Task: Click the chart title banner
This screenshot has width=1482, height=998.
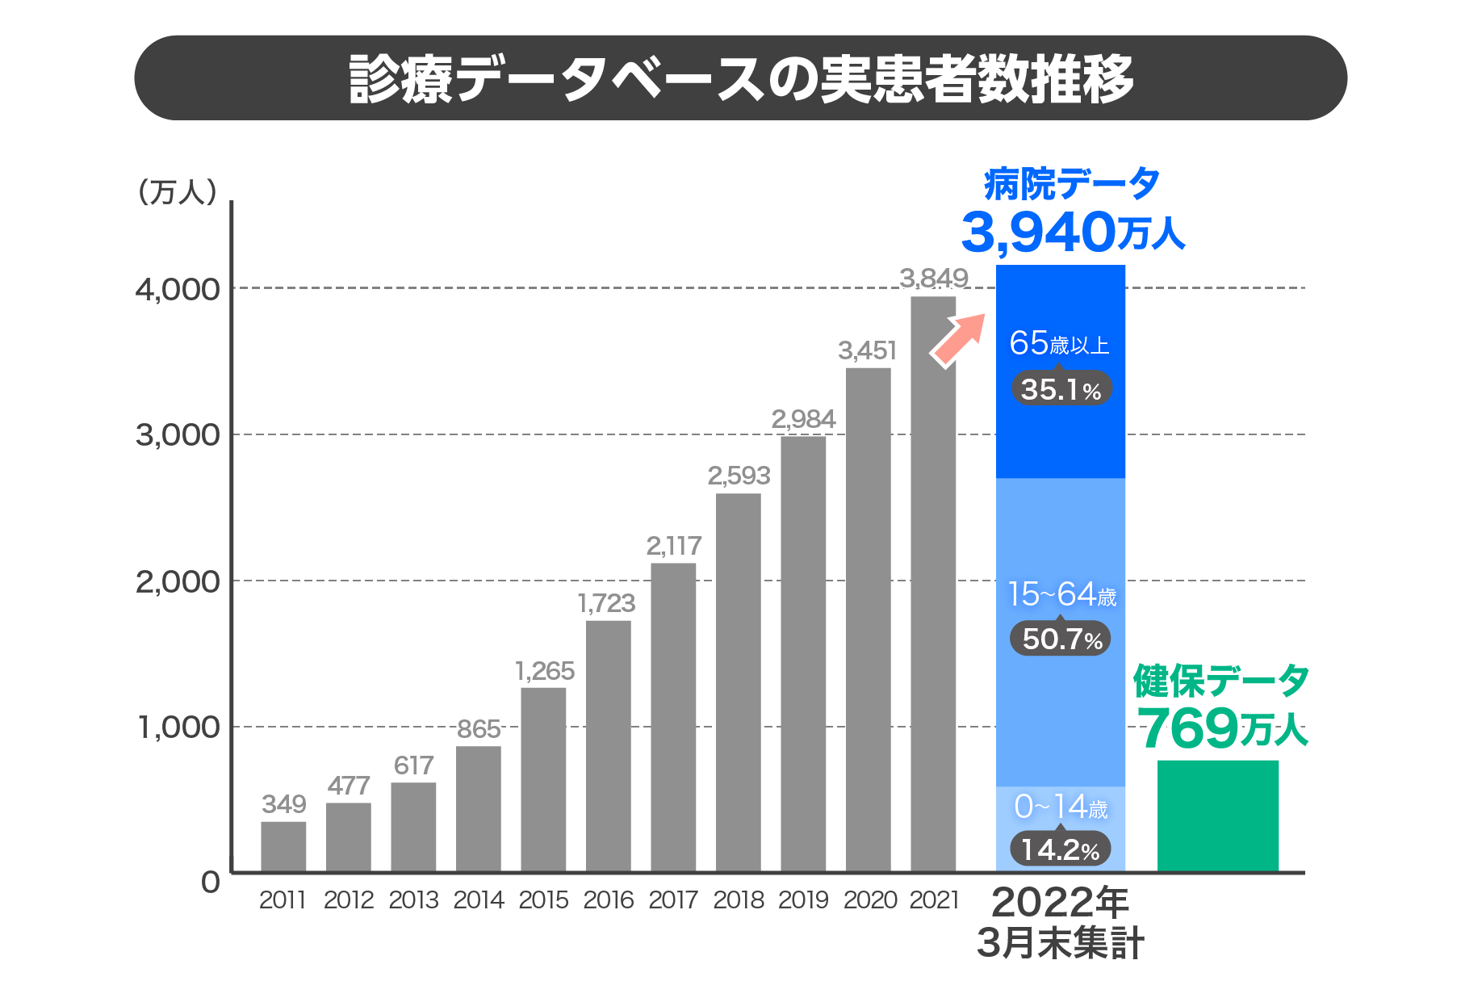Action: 740,78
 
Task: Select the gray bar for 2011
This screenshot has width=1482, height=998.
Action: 283,846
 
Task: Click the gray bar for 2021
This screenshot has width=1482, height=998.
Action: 933,583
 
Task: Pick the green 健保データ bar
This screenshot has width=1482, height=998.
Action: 1217,816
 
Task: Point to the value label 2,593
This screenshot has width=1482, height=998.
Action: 739,476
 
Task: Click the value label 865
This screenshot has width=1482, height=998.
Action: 479,729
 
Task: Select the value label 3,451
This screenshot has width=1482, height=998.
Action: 868,350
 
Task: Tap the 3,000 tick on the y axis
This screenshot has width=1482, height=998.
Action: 178,435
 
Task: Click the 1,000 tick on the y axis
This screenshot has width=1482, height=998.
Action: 178,728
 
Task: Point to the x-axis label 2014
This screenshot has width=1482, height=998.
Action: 479,899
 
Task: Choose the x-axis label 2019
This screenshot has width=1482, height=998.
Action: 803,899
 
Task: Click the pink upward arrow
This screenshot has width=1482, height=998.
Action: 959,339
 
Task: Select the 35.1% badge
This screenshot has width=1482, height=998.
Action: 1061,389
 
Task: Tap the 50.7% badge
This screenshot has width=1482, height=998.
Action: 1061,639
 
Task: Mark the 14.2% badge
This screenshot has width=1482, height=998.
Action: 1061,849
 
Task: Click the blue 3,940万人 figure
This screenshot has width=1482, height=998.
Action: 1072,233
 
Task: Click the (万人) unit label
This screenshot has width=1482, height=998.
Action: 178,192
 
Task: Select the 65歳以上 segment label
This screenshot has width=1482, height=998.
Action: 1059,344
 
